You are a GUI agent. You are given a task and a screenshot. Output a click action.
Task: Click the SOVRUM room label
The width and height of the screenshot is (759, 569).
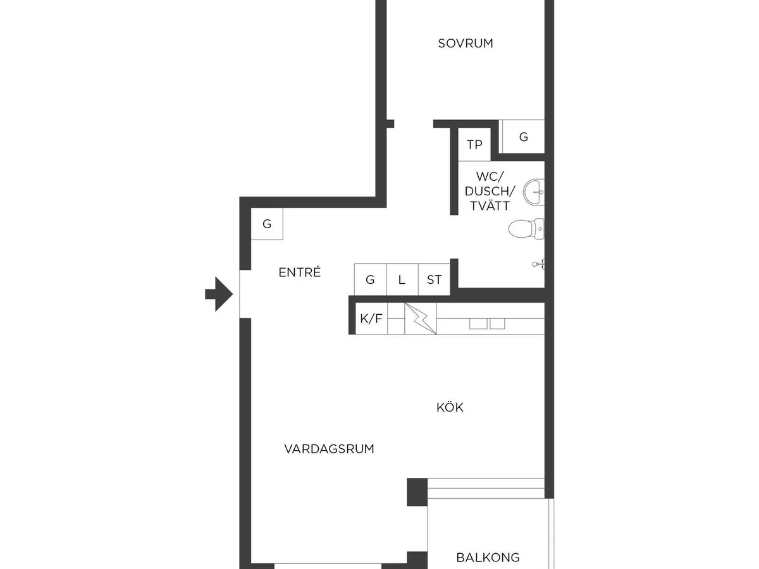(x=465, y=44)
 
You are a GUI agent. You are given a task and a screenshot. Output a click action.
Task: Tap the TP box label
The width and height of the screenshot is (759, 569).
(x=474, y=144)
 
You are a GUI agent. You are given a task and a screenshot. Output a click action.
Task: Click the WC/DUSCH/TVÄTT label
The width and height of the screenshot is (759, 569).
(x=490, y=191)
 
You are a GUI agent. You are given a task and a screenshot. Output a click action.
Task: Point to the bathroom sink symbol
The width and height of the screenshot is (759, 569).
(x=534, y=192)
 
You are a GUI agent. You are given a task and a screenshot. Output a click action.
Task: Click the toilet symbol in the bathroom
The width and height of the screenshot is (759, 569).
(x=526, y=229)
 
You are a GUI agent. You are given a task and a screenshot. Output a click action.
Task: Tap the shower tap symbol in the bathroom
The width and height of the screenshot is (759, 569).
(x=538, y=264)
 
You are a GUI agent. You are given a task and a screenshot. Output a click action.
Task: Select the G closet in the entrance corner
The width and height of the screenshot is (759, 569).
(x=267, y=224)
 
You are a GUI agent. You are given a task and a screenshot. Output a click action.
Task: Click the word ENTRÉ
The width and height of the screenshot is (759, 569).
(x=299, y=272)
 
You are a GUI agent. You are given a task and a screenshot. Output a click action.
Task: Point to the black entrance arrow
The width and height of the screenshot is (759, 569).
(x=219, y=294)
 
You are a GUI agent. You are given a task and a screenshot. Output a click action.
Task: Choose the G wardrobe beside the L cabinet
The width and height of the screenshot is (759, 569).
(x=370, y=279)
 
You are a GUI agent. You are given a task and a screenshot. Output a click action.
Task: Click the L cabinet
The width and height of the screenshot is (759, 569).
(x=402, y=279)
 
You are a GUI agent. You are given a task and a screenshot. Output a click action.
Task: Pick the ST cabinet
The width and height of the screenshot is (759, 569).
(x=435, y=279)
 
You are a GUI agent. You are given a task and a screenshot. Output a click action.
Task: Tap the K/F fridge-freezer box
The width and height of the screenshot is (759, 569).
(x=371, y=319)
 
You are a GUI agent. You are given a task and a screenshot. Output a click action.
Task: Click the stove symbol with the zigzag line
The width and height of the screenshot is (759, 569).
(x=421, y=319)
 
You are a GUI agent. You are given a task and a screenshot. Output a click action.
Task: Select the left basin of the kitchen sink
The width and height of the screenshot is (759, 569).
(x=478, y=324)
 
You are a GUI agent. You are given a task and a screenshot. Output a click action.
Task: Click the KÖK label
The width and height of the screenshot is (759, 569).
(x=450, y=408)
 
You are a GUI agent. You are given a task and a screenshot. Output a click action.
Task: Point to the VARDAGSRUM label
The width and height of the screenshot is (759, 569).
(x=329, y=449)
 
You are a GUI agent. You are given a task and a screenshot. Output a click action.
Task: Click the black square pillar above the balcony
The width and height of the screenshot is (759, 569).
(x=417, y=492)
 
